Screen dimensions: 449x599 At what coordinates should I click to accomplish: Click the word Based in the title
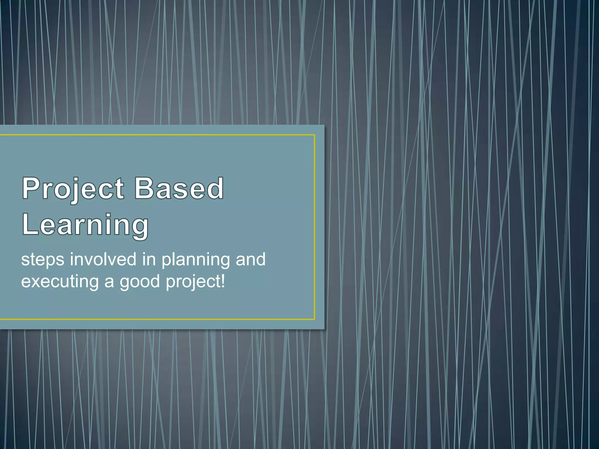point(179,189)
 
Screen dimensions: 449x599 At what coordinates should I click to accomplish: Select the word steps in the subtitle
point(43,260)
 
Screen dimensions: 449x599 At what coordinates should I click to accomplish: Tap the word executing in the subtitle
point(60,282)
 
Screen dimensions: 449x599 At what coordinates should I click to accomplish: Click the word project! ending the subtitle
point(195,282)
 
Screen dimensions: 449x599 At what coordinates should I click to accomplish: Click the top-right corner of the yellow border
point(314,135)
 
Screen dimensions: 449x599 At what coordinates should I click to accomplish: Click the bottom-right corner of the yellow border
point(314,319)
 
